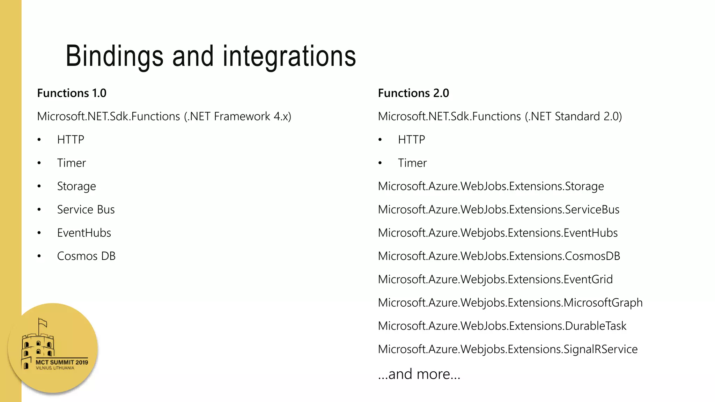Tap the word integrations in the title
point(289,56)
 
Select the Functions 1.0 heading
point(72,93)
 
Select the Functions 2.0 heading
point(413,93)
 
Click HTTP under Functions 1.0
point(71,140)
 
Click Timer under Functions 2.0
point(412,163)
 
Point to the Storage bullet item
point(76,186)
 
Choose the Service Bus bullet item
point(86,210)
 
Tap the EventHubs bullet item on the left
point(84,233)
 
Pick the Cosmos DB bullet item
point(86,256)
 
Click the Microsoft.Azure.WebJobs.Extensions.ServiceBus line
point(499,210)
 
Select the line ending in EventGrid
point(495,280)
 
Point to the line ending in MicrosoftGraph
point(510,303)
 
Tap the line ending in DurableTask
point(502,326)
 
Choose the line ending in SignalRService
point(508,349)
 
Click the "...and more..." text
point(419,374)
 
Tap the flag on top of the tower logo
point(43,322)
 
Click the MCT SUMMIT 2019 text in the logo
point(62,362)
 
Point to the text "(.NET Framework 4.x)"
point(237,117)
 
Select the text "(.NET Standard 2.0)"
point(573,117)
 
